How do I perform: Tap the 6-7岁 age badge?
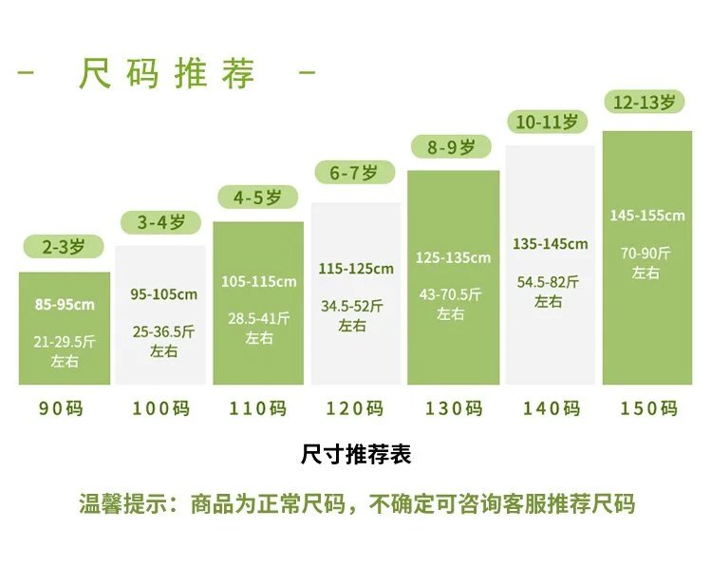(353, 173)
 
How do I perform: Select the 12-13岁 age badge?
(646, 102)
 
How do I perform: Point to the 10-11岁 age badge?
(547, 122)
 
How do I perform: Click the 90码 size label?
(62, 408)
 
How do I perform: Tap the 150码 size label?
(648, 408)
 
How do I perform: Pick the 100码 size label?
(161, 408)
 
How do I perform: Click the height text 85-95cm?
(65, 305)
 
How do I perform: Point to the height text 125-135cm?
(453, 257)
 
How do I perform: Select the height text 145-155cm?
(646, 216)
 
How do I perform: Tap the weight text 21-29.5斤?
(65, 342)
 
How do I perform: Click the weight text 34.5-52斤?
(353, 306)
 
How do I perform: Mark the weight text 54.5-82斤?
(548, 282)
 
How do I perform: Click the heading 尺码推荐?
(167, 73)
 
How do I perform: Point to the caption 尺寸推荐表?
(356, 455)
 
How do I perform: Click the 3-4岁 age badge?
(161, 223)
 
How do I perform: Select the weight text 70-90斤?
(646, 253)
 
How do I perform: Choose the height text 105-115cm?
(258, 281)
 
